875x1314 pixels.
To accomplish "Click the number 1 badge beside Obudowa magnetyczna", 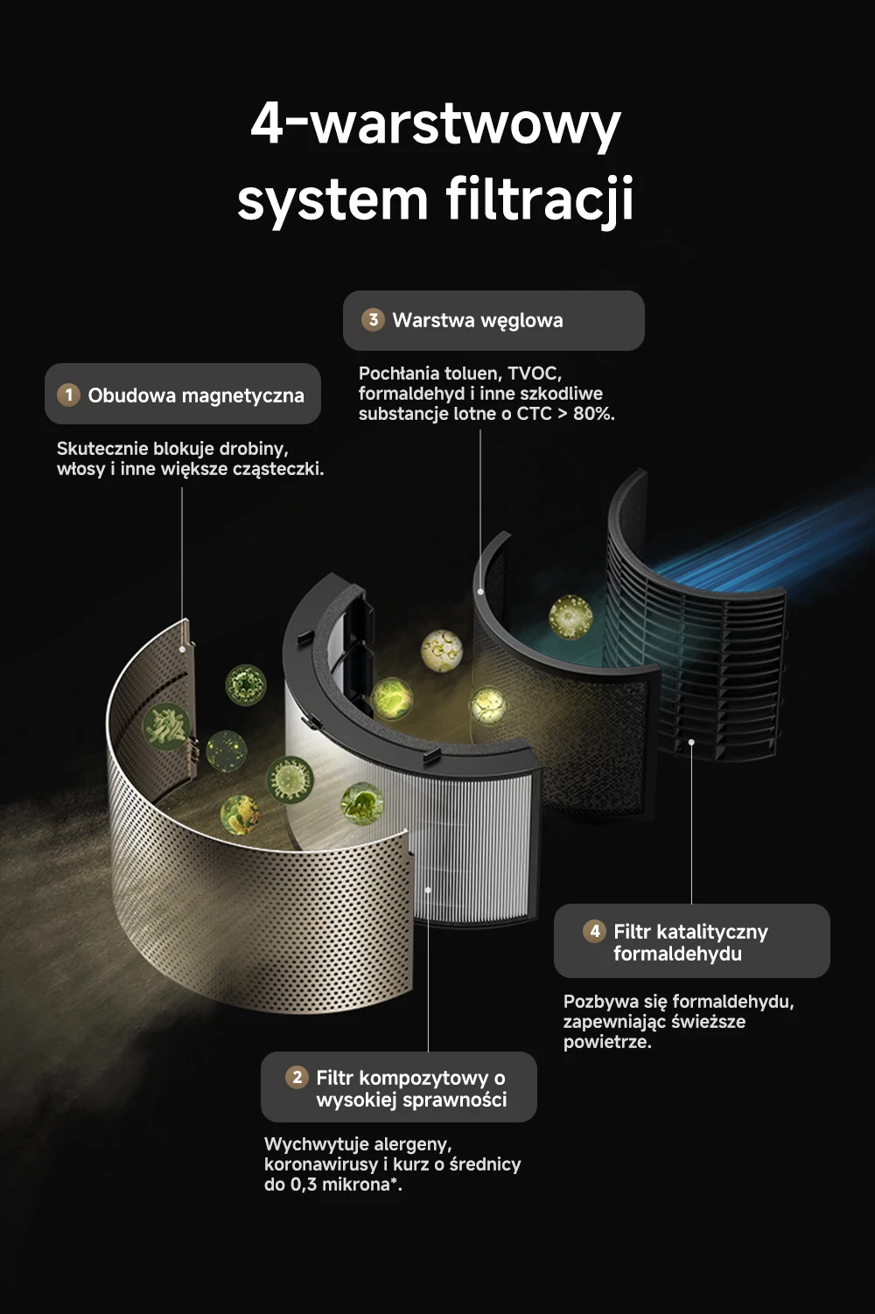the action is coord(68,395).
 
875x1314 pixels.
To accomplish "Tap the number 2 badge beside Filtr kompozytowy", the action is coord(297,1077).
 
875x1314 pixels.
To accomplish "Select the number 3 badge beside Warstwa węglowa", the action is coord(373,319).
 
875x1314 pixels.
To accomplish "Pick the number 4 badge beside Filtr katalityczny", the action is coord(594,931).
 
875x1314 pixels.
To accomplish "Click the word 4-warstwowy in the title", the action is coord(436,125).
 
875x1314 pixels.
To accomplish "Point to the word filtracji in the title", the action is coord(539,199).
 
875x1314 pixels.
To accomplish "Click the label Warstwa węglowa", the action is coord(478,320).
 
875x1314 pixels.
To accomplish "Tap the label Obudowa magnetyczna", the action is coord(196,395).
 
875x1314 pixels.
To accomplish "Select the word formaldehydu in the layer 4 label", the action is coord(678,954).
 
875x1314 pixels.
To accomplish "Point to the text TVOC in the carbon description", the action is coord(535,374).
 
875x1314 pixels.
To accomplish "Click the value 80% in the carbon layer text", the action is coord(594,414).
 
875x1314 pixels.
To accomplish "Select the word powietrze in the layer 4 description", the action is coord(607,1042).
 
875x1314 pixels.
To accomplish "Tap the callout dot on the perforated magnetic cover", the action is coord(183,649).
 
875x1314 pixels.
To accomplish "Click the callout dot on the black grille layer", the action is coord(691,742).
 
